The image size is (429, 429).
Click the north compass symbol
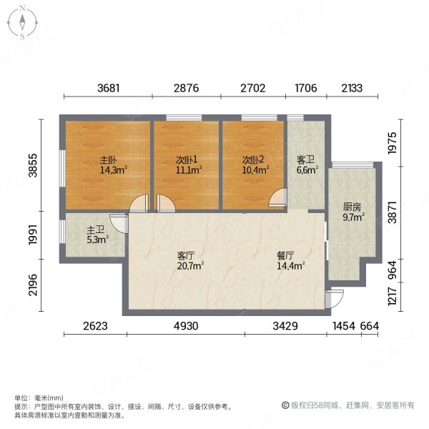[23, 22]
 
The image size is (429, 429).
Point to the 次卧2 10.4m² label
[255, 165]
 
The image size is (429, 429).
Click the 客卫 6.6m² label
[306, 165]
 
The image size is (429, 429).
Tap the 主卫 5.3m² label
[97, 235]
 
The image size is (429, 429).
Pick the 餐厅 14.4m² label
[290, 260]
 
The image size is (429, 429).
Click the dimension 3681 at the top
[108, 89]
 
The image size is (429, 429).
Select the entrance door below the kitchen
[328, 299]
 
